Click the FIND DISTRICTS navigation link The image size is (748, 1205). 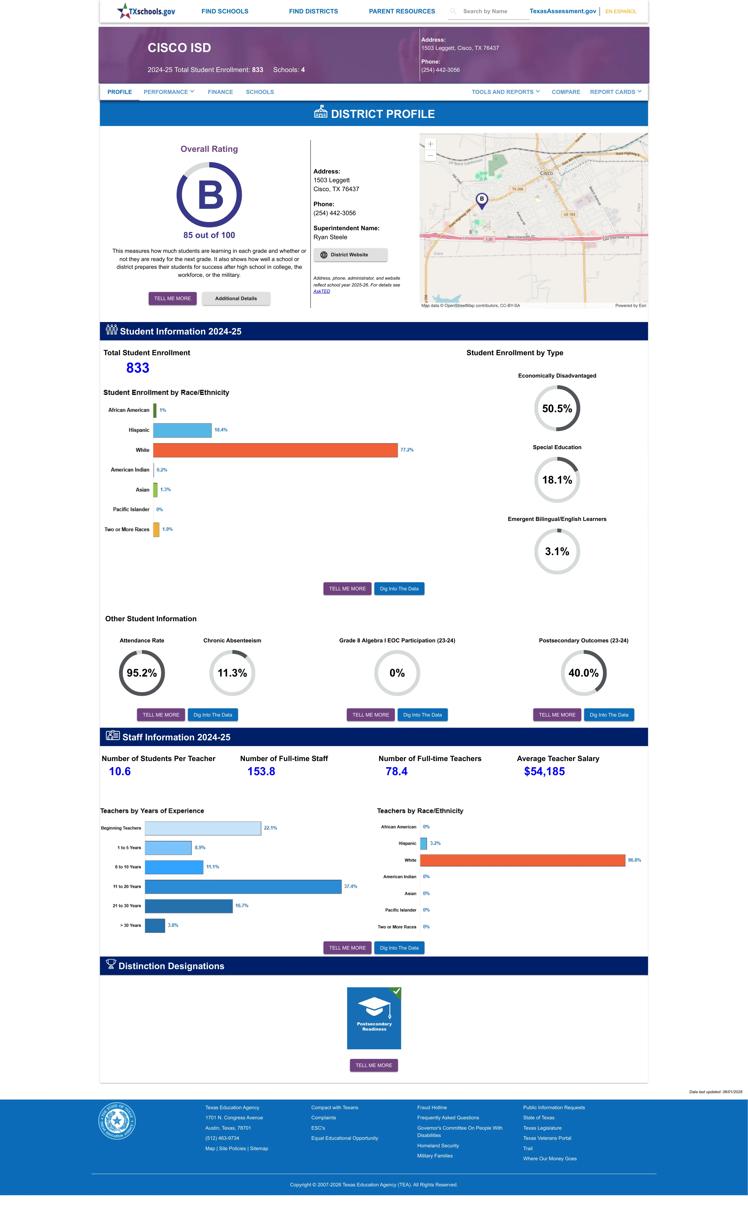pos(313,11)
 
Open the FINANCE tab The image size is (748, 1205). pos(220,92)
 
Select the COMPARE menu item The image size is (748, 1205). pos(566,92)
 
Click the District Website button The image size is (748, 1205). pos(350,255)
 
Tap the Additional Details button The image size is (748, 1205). pos(236,299)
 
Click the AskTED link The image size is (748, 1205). pos(322,291)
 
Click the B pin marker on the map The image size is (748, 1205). pos(481,200)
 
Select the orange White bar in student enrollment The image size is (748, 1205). pos(275,450)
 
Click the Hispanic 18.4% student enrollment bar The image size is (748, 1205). pos(182,430)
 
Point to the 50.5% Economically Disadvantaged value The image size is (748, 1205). pos(557,408)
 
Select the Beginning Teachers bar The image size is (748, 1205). pos(203,828)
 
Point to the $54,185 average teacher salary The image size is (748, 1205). pos(544,771)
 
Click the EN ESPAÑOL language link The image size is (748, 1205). pos(621,11)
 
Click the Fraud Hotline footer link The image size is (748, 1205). pos(432,1108)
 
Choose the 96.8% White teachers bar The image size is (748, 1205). pos(522,860)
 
